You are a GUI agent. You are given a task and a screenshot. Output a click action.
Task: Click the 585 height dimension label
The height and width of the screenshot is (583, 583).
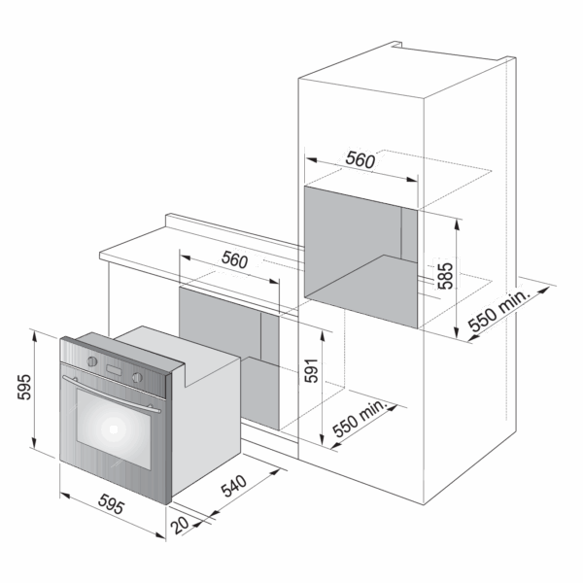pos(445,276)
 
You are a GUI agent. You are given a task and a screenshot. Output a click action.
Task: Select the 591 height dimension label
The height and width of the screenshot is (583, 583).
pos(312,371)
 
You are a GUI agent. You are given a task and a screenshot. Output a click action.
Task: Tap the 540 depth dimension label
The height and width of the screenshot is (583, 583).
pos(234,486)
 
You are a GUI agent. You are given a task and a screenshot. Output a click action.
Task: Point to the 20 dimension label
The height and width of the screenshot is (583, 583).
pos(181,525)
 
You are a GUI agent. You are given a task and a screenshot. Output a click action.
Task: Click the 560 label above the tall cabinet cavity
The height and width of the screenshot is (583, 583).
pos(360,160)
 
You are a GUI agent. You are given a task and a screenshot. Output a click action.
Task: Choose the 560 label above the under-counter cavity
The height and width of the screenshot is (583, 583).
pos(234,259)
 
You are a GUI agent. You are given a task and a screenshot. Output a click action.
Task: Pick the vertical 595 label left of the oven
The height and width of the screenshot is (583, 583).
pos(24,387)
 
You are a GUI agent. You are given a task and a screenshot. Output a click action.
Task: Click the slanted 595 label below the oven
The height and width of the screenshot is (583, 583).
pos(111,504)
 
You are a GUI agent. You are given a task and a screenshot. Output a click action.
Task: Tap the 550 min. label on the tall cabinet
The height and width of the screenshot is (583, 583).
pos(498,311)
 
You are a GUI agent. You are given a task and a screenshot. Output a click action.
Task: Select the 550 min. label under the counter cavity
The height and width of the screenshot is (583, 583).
pos(360,419)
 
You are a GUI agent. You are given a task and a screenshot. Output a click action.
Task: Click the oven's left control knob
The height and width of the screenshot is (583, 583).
pos(92,361)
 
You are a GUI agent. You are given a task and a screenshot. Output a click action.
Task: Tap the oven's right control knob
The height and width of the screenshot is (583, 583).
pos(137,377)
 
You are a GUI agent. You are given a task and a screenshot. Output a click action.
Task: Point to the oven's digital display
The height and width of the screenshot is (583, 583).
pos(114,370)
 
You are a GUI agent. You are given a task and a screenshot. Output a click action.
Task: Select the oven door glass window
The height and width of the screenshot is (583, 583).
pos(114,429)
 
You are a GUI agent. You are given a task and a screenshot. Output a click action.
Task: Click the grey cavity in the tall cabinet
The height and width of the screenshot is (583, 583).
pos(360,257)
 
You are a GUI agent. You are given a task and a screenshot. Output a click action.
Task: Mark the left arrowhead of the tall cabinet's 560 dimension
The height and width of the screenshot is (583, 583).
pos(311,160)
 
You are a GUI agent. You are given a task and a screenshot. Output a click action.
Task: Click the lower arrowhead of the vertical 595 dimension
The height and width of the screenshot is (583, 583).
pos(34,443)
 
